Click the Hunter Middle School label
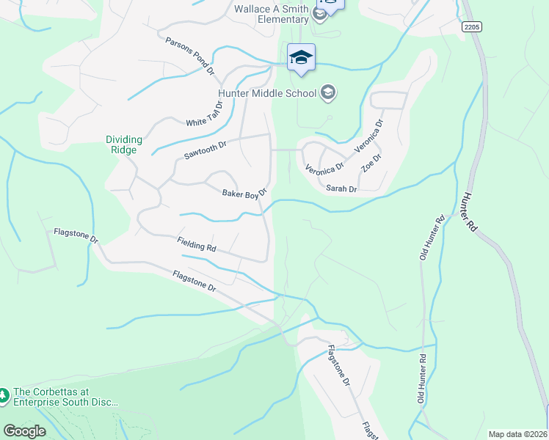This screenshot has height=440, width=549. pyautogui.click(x=266, y=93)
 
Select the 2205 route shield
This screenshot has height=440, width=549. pyautogui.click(x=471, y=26)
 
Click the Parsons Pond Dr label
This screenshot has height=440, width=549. pyautogui.click(x=189, y=57)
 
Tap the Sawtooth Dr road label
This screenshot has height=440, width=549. pyautogui.click(x=206, y=151)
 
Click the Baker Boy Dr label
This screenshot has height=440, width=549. pyautogui.click(x=244, y=193)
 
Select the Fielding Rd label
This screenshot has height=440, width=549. pyautogui.click(x=196, y=244)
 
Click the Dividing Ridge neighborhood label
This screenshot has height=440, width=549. pyautogui.click(x=121, y=144)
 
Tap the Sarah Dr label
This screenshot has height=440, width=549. pyautogui.click(x=341, y=189)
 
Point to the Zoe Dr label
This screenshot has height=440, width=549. pyautogui.click(x=372, y=162)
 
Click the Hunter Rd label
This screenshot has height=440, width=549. pyautogui.click(x=468, y=213)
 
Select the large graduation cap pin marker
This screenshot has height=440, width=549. pyautogui.click(x=301, y=58)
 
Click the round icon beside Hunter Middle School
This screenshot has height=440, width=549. pyautogui.click(x=327, y=92)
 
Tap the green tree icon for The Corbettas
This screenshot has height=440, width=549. pyautogui.click(x=4, y=395)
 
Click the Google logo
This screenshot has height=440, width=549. pyautogui.click(x=24, y=431)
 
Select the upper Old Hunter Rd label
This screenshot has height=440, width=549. pyautogui.click(x=432, y=237)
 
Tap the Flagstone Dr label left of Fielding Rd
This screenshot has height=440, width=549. pyautogui.click(x=76, y=236)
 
